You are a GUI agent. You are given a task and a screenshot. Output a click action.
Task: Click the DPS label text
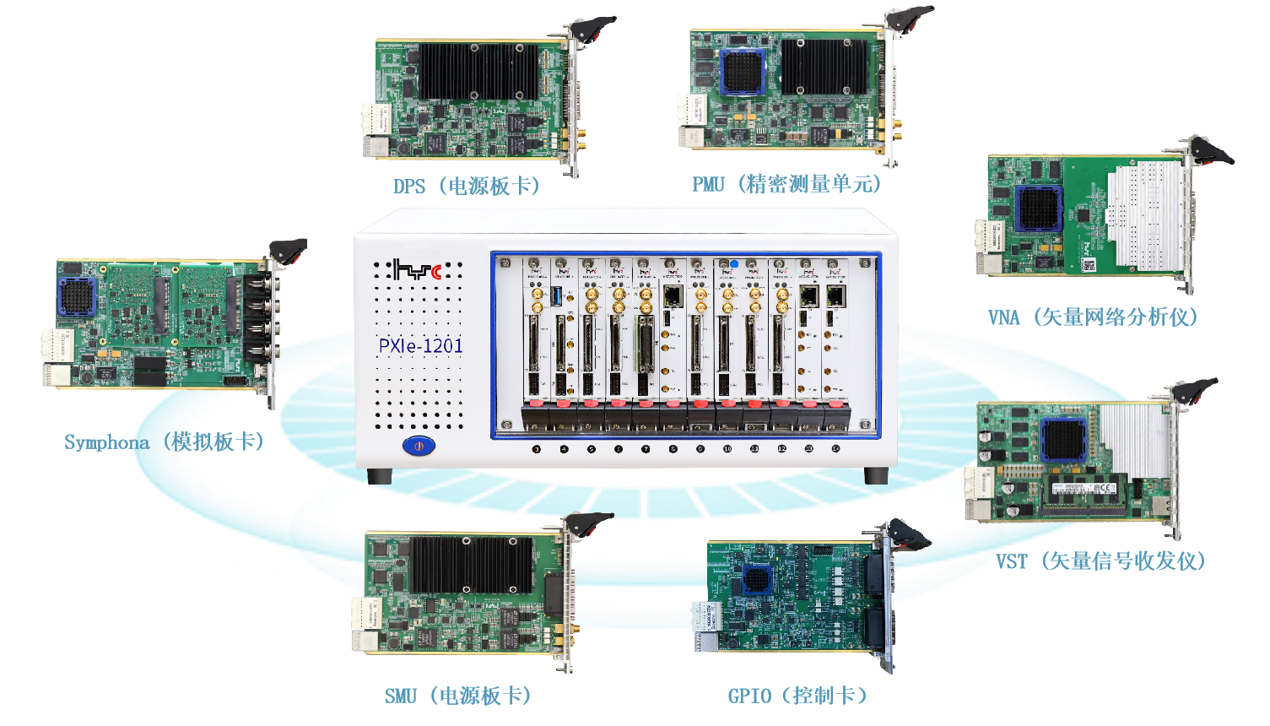[409, 187]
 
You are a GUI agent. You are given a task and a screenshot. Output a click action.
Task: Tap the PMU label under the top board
[708, 185]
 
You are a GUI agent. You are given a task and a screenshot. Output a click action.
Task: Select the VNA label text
[1003, 317]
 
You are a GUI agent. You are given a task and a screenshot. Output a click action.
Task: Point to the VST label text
[1012, 561]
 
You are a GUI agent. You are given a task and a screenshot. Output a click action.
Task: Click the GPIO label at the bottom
[749, 696]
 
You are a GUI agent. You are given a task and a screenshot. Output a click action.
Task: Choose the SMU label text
[401, 696]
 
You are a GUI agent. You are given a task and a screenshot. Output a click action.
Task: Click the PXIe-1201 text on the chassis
[421, 345]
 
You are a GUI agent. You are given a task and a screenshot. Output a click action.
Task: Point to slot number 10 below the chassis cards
[727, 449]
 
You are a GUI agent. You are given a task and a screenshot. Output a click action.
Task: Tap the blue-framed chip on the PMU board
[743, 72]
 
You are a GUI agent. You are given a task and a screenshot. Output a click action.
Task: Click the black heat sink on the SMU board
[473, 563]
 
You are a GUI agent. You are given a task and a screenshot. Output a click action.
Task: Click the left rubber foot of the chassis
[380, 476]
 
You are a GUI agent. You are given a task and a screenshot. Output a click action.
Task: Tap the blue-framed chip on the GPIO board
[755, 582]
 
